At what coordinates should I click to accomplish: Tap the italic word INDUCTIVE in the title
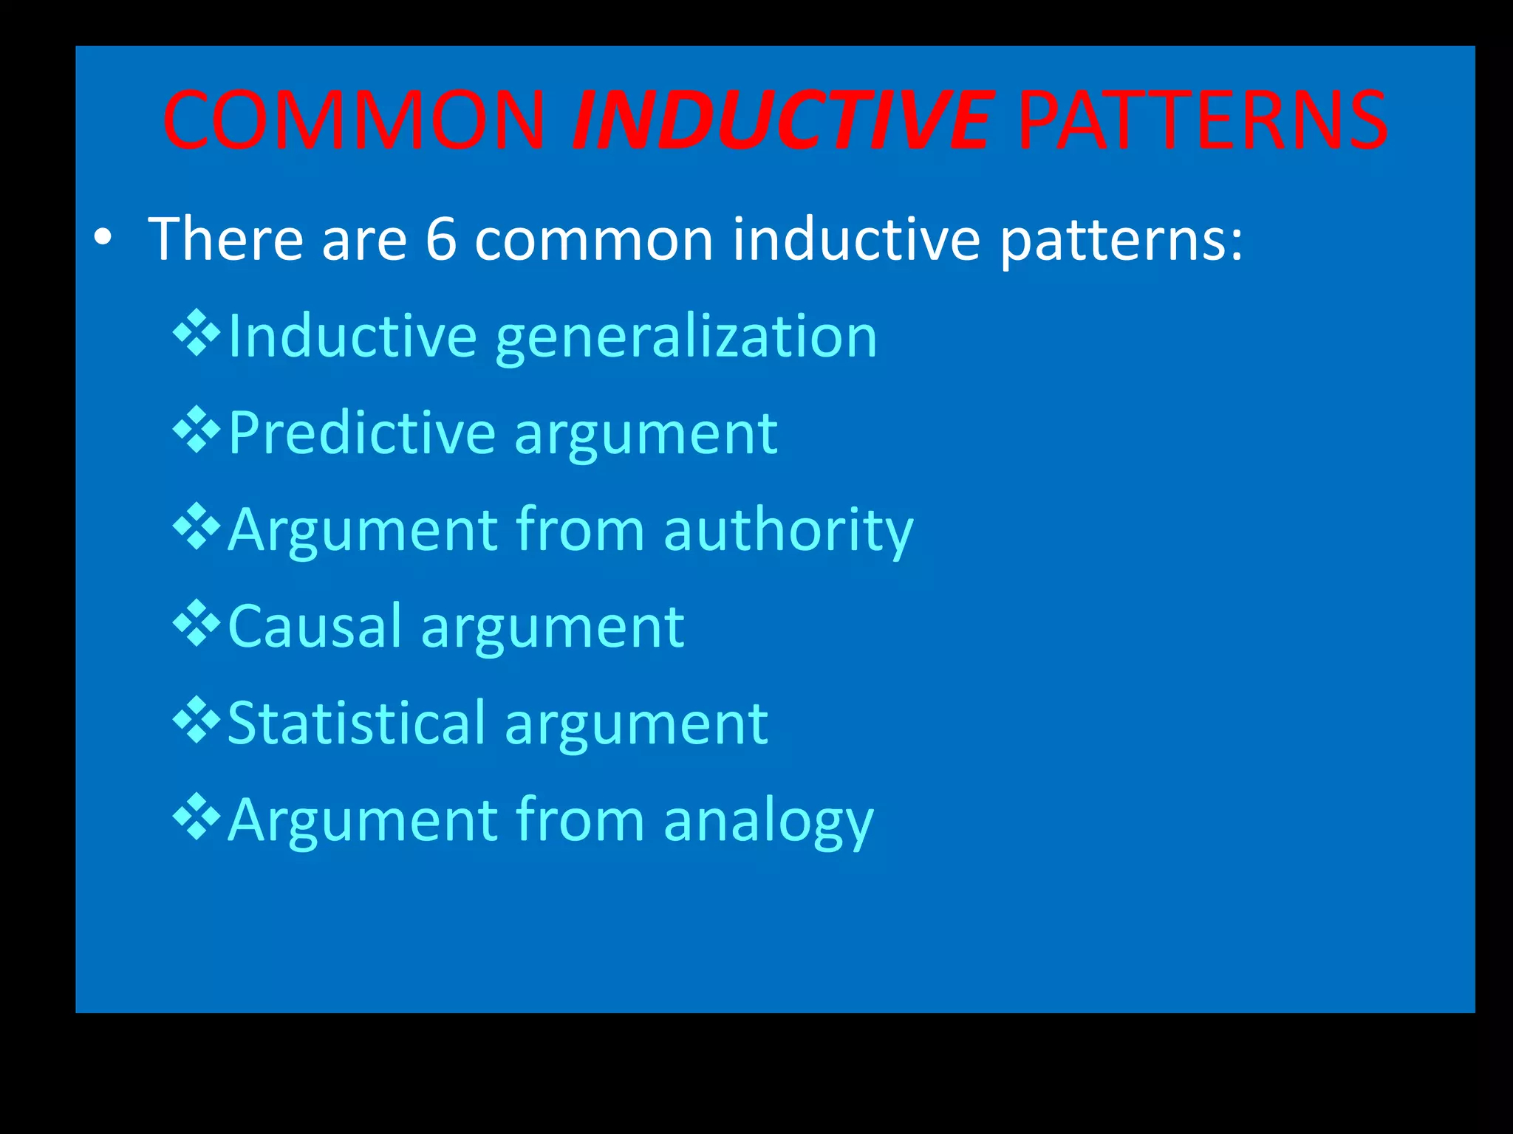coord(782,120)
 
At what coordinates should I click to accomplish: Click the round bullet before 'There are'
coord(103,238)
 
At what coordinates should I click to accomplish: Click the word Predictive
coord(361,433)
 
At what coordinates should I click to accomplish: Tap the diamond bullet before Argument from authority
coord(197,527)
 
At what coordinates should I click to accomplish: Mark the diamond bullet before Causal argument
coord(197,624)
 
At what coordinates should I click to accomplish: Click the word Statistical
coord(357,723)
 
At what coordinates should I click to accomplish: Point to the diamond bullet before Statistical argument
coord(197,721)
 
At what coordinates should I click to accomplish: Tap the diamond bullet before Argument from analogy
coord(197,817)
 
